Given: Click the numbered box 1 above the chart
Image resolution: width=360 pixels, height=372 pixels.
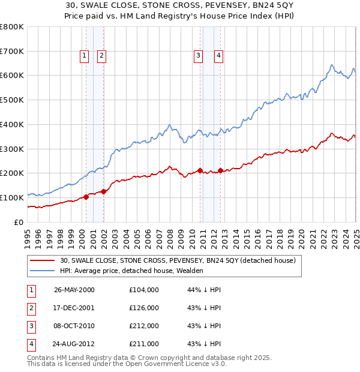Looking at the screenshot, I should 84,56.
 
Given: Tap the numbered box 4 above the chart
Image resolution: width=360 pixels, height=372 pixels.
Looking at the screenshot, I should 218,56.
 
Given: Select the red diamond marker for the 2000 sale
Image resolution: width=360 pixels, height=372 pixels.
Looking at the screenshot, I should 86,196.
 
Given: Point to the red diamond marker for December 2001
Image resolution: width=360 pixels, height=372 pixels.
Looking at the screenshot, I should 104,191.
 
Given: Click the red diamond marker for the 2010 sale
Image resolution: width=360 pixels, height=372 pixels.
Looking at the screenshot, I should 200,170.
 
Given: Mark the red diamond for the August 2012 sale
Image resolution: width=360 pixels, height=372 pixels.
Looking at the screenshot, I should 220,170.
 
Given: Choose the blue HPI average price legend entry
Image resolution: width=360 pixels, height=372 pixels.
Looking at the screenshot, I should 131,271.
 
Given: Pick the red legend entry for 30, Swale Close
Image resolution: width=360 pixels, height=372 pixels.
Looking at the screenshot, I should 178,260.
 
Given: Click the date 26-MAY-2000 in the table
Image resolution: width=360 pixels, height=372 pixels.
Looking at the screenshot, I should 74,290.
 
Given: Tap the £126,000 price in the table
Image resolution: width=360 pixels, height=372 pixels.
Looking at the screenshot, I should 144,308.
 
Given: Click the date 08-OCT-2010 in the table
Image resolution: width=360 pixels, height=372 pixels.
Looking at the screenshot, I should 74,326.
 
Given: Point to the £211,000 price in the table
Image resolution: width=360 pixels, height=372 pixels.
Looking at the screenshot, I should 144,344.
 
